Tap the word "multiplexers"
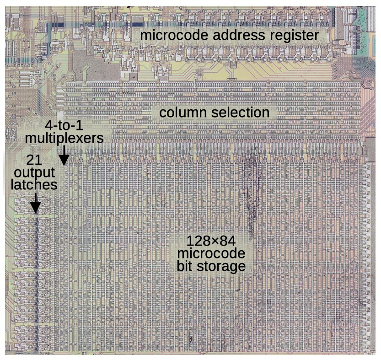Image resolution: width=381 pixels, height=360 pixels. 64,137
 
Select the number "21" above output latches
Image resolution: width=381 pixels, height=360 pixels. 35,160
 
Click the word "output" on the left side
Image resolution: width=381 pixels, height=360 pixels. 35,172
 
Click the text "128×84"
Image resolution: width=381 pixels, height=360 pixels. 211,241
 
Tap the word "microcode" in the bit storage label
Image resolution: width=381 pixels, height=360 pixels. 211,253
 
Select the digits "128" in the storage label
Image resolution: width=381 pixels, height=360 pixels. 198,241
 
